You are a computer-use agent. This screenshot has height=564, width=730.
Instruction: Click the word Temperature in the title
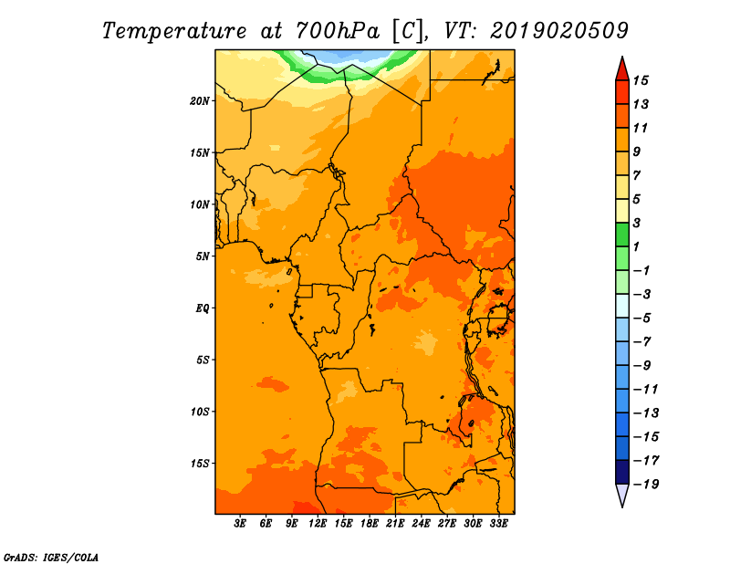coord(174,31)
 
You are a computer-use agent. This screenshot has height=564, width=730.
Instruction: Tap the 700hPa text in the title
coord(338,31)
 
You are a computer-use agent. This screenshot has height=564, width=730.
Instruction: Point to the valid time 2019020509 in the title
coord(559,31)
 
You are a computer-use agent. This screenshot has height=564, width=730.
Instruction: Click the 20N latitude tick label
coord(200,101)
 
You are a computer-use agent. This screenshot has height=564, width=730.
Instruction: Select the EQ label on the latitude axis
coord(203,308)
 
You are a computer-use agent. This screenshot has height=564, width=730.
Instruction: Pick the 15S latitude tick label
coord(200,464)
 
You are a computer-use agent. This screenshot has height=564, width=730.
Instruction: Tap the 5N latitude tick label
coord(203,256)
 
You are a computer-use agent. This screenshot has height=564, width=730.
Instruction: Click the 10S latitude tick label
coord(200,412)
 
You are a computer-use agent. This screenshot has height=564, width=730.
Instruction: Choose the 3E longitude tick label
coord(240,524)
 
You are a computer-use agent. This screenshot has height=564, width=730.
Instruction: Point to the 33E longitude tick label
coord(498,524)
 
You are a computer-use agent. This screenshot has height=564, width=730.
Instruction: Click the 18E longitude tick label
coord(370,524)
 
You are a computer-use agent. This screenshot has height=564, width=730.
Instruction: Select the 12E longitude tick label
coord(318,524)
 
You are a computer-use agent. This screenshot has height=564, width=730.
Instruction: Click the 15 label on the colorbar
coord(641,81)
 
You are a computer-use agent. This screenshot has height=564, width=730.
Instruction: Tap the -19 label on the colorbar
coord(646,485)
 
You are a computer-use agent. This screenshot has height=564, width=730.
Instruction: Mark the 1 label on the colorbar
coord(636,246)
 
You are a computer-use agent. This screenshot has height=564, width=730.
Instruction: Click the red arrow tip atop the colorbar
coord(622,57)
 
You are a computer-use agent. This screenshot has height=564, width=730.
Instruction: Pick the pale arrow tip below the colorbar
coord(622,507)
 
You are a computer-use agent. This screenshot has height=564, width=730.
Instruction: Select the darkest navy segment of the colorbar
coord(622,472)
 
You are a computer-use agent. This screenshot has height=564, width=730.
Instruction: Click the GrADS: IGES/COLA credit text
coord(51,558)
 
